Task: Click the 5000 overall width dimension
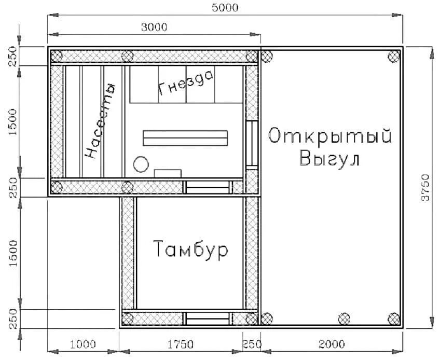225,7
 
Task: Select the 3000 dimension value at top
154,27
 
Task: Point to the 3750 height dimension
425,188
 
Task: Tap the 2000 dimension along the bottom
332,344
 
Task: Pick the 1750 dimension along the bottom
181,344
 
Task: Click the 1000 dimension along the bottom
82,344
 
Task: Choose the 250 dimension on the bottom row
252,344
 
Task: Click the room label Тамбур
191,250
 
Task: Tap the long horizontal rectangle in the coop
185,137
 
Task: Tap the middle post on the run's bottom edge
344,318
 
